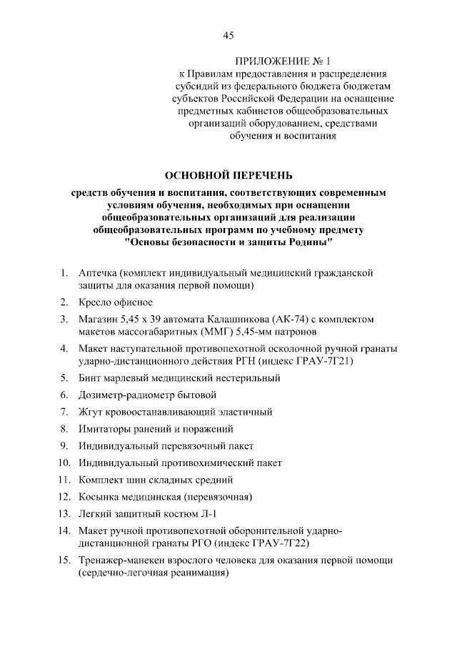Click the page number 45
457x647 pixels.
(x=228, y=36)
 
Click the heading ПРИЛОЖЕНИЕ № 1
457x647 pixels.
(x=283, y=61)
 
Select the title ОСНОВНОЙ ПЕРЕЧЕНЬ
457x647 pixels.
(x=228, y=175)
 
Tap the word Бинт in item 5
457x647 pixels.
(x=92, y=378)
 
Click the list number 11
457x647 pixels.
(x=64, y=480)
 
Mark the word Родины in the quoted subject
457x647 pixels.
(x=308, y=243)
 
